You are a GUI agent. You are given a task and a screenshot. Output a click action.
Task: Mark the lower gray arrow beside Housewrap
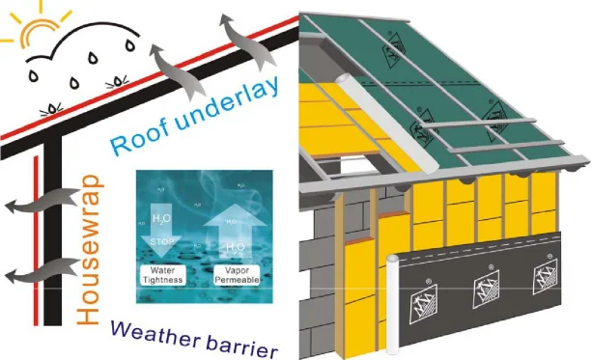[28, 275]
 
